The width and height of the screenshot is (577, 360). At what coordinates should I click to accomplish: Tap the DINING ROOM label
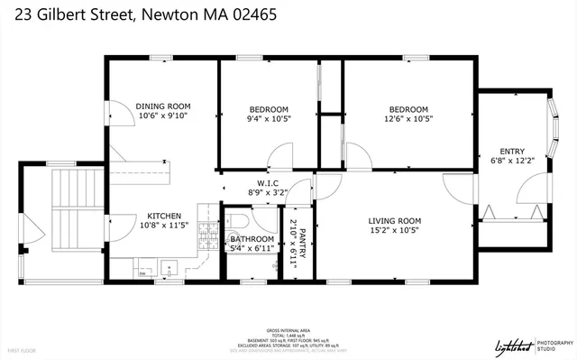[x=163, y=106]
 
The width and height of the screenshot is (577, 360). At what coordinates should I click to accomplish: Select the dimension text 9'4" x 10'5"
[x=268, y=118]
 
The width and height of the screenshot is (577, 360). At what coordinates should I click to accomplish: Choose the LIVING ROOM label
[x=395, y=220]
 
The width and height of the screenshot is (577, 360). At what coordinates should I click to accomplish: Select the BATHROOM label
[x=252, y=239]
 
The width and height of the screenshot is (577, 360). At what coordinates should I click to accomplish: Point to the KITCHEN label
[x=166, y=217]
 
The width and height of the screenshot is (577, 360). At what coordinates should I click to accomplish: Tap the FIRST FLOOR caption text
[x=22, y=348]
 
